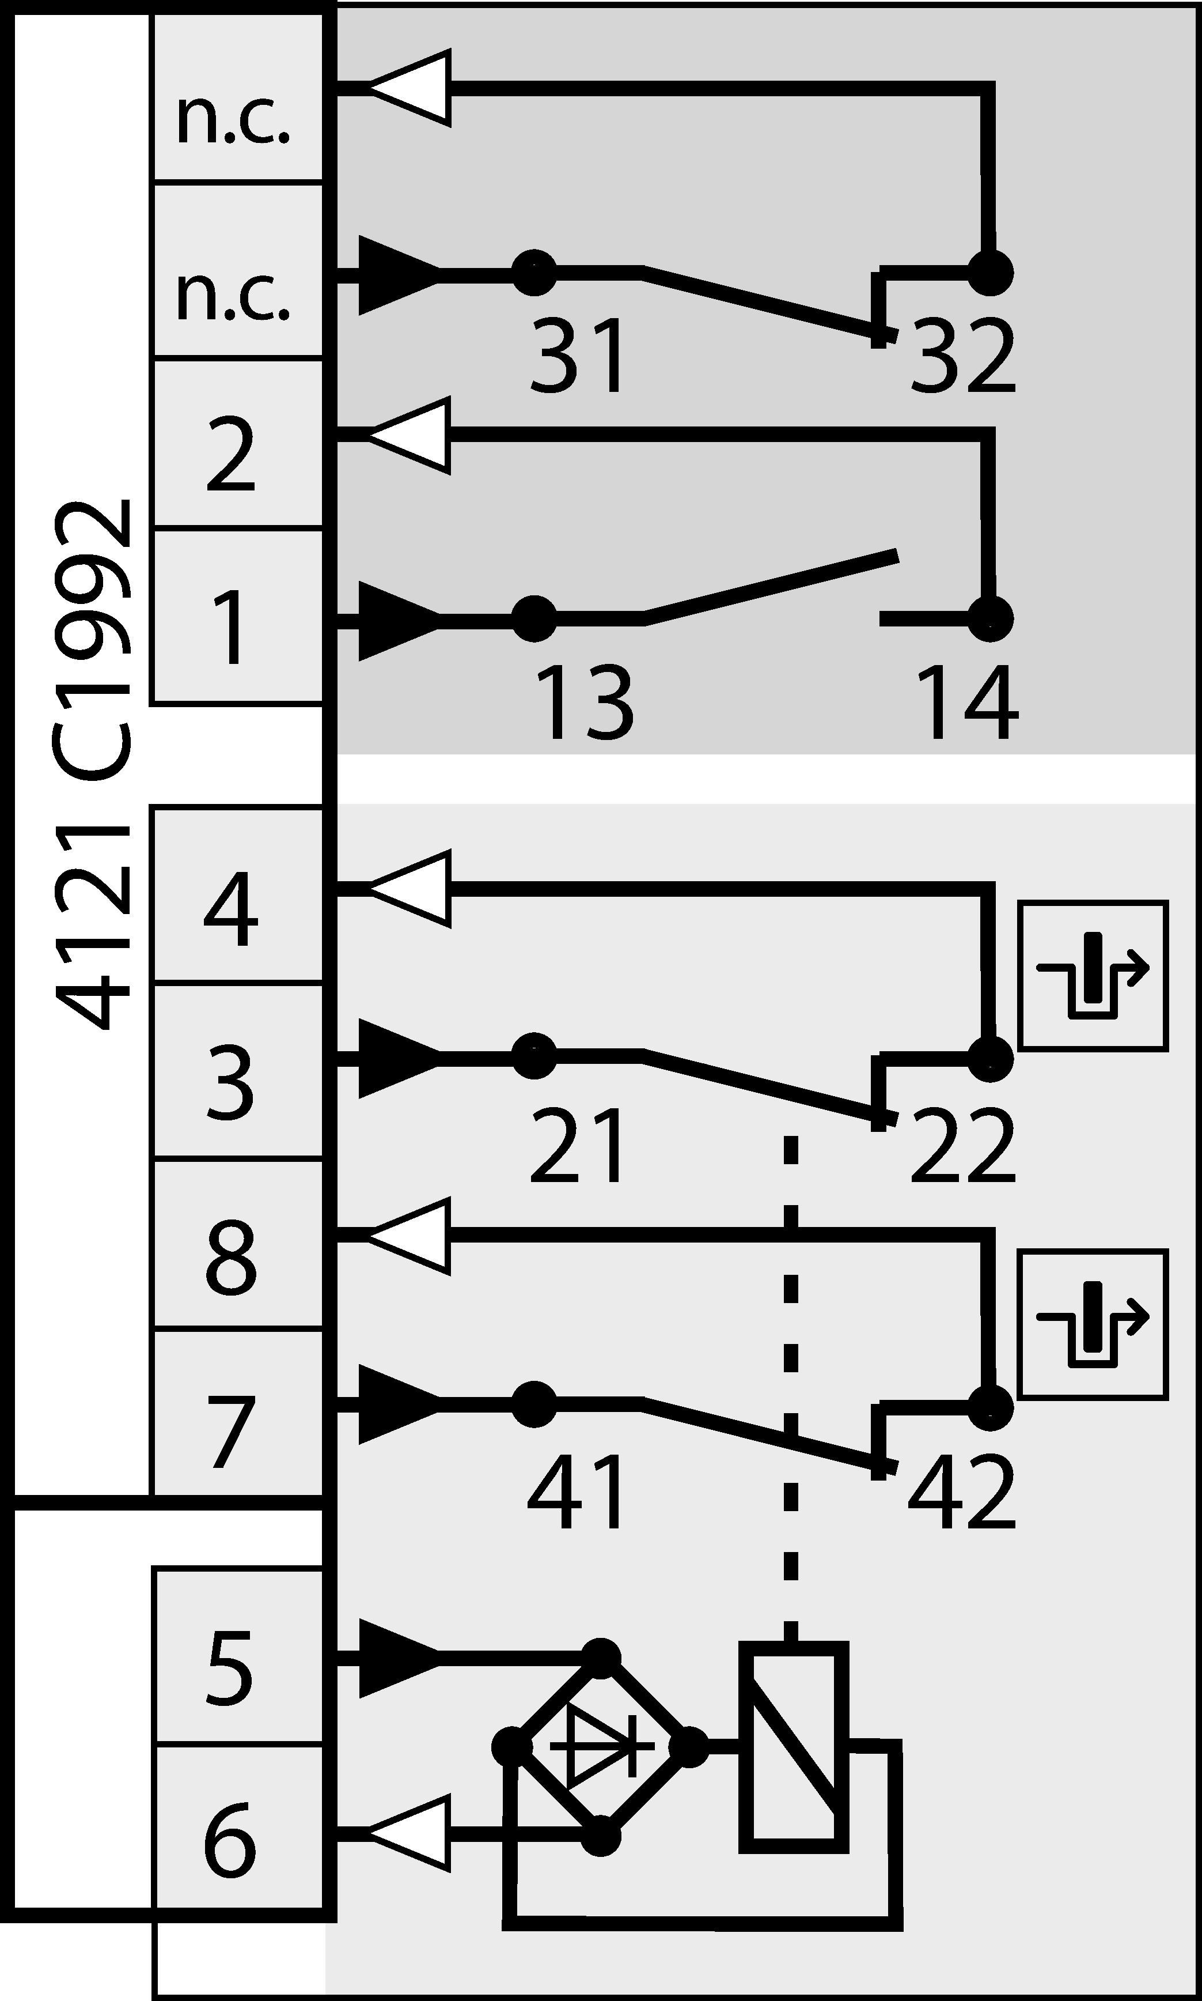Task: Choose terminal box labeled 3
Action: pos(238,1071)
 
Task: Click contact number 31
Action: pos(578,355)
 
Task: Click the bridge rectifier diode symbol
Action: pos(601,1746)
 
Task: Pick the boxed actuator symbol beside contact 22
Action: pos(1093,975)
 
